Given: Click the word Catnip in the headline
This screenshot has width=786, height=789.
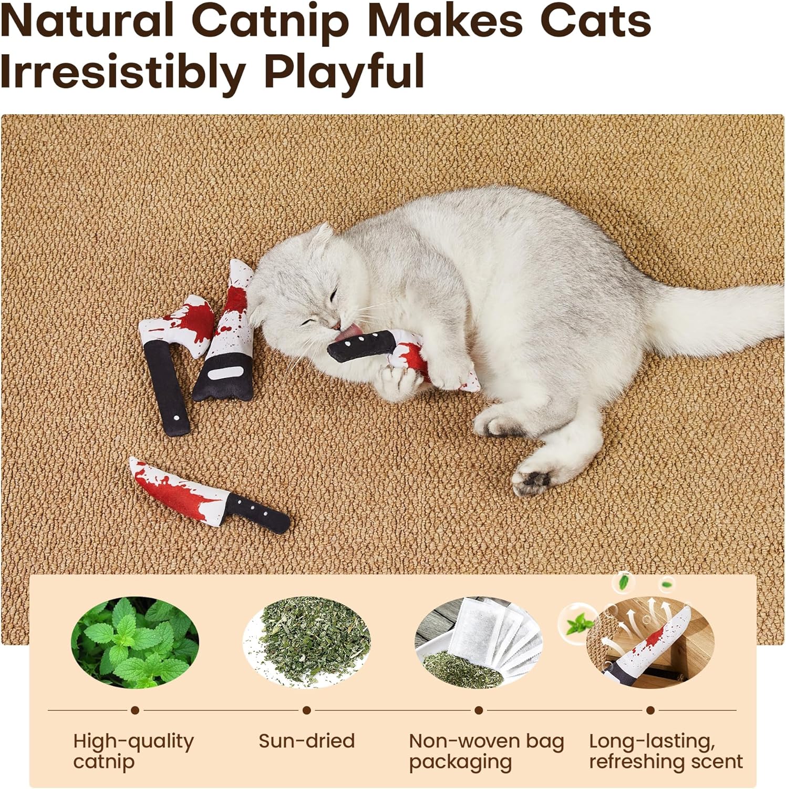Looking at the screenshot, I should [x=271, y=22].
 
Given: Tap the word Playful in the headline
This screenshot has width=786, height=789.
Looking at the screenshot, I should [x=344, y=72].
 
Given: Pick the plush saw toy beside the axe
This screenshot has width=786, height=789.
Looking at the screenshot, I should [x=226, y=342].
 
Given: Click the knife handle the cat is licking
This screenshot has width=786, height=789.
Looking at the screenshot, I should [x=363, y=347].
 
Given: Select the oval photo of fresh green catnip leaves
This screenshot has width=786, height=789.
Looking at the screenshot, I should [x=135, y=642].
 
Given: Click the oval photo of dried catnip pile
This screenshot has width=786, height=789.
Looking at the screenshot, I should [x=307, y=642].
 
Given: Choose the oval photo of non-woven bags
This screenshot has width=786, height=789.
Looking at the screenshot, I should [x=479, y=642].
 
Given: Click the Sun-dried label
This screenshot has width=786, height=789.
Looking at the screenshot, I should [x=307, y=741].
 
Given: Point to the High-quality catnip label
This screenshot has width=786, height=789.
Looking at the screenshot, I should [x=133, y=751].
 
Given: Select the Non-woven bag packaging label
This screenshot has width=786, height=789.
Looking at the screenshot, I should [x=486, y=751].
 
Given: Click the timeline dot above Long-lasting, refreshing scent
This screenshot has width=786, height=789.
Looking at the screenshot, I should [x=650, y=710].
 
